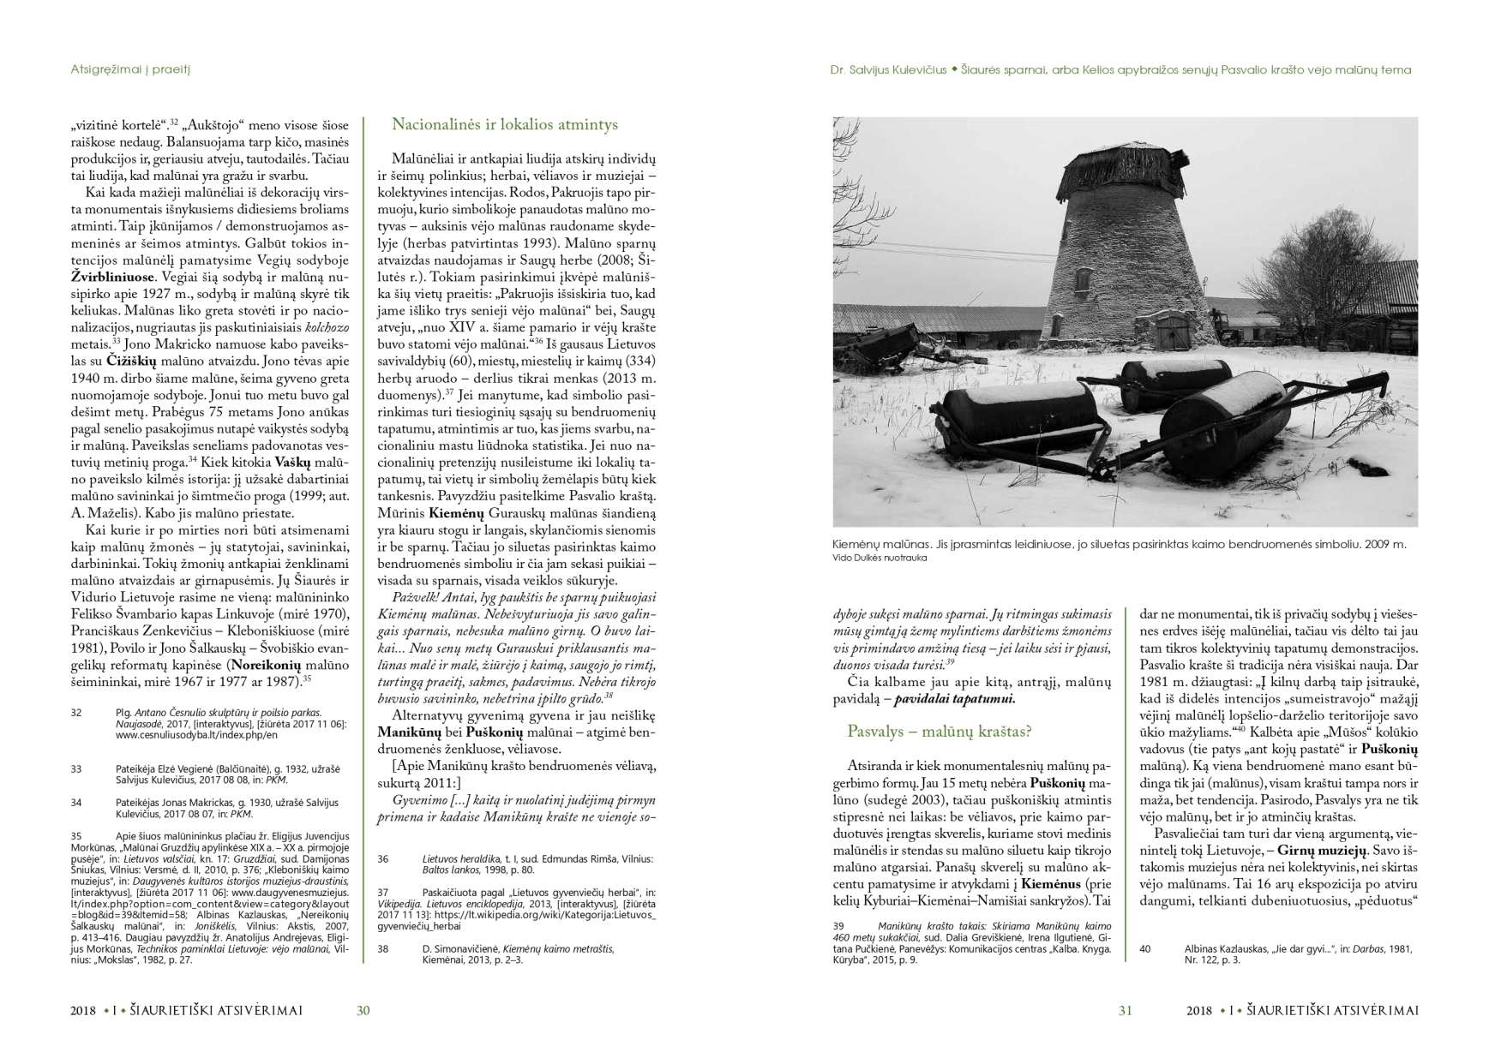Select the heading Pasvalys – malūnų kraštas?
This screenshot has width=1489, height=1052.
(939, 732)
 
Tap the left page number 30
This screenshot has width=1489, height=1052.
(363, 1011)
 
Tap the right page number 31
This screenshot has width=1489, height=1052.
(1125, 1011)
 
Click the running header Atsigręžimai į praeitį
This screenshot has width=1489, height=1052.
(129, 69)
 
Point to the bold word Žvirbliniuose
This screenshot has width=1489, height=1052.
(112, 278)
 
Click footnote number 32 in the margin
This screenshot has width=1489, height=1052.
(76, 713)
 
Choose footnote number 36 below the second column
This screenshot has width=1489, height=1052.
(383, 858)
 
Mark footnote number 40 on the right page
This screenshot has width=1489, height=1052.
(1145, 949)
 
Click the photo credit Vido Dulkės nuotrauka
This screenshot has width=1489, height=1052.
(880, 558)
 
